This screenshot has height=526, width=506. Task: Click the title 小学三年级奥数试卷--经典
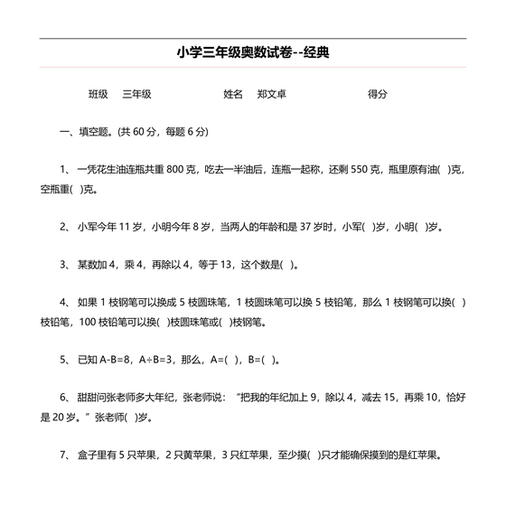coord(253,53)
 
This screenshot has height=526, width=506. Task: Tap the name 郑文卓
coord(271,94)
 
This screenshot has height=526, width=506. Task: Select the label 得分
coord(378,94)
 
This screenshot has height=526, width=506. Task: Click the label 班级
coord(98,94)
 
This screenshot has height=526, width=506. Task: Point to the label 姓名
coord(233,94)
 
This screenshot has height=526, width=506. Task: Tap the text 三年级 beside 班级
coord(136,94)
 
